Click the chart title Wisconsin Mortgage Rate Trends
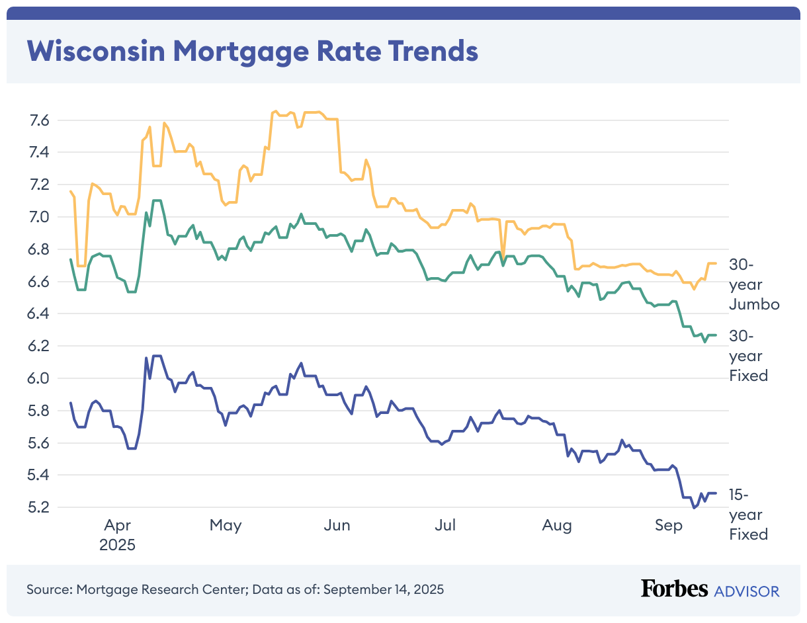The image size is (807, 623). click(x=252, y=51)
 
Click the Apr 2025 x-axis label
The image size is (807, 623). click(x=117, y=536)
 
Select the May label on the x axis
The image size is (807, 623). click(x=226, y=526)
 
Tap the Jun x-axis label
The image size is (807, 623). click(x=337, y=526)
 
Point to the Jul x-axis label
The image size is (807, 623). click(x=445, y=526)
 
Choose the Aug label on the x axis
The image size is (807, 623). click(x=557, y=526)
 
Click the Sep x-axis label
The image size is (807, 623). click(x=668, y=526)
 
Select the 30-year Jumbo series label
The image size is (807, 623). click(x=754, y=284)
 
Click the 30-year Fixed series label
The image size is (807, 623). click(x=748, y=355)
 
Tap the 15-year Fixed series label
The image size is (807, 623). click(x=748, y=514)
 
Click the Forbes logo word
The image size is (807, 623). click(x=674, y=589)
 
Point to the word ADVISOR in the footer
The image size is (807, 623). click(x=747, y=591)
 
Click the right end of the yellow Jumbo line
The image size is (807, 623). click(x=716, y=263)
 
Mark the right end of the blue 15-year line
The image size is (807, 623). click(x=716, y=493)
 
